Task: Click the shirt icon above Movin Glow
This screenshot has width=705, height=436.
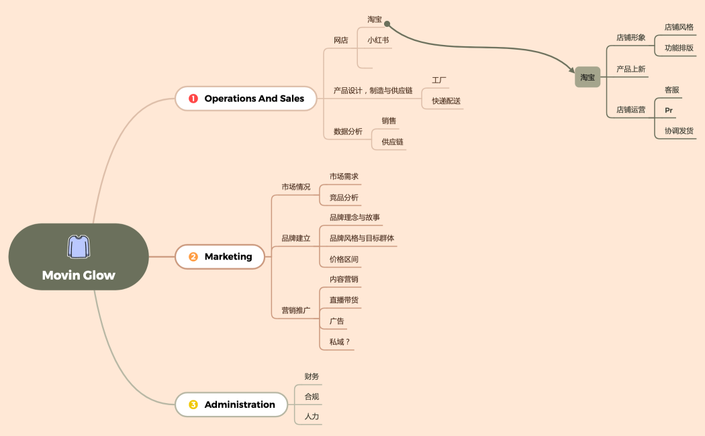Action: coord(79,247)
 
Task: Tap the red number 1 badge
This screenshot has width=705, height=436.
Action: coord(193,99)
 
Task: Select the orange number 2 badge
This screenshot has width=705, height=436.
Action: coord(193,257)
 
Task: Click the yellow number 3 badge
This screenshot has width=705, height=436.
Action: coord(193,404)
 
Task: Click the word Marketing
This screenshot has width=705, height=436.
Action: coord(228,257)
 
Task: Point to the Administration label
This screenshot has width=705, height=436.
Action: coord(240,404)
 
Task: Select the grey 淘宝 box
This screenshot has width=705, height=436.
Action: coord(587,77)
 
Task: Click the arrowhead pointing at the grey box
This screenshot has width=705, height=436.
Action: coord(571,70)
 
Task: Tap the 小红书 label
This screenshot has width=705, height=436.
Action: coord(378,40)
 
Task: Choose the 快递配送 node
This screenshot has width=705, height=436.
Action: coord(446,101)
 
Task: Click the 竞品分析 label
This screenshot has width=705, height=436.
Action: coord(344,198)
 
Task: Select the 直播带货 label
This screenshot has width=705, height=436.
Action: coord(344,300)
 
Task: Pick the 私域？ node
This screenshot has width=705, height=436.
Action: coord(340,342)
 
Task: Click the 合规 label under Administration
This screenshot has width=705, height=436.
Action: coord(312,396)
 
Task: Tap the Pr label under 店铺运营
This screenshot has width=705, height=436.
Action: coord(669,110)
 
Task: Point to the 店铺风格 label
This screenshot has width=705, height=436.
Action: coord(679,28)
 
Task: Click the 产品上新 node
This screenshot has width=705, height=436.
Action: coord(630,69)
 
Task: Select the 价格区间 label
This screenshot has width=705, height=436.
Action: coord(344,259)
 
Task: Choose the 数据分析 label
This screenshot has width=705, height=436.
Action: coord(348,131)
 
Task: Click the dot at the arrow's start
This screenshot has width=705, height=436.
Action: coord(387,23)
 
